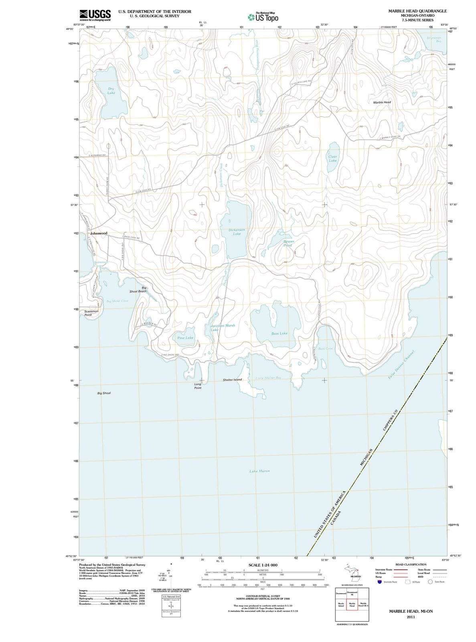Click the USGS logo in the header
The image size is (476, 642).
click(95, 15)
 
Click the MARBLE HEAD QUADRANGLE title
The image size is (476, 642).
click(417, 11)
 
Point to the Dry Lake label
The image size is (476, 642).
click(111, 91)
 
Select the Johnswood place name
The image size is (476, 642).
click(99, 233)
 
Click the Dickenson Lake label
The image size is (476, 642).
click(237, 232)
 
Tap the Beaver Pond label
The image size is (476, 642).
click(288, 243)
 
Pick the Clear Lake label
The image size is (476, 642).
click(333, 158)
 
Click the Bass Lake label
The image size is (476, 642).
click(279, 333)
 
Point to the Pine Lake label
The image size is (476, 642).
click(185, 338)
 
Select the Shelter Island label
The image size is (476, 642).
click(232, 380)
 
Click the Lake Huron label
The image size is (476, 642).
click(259, 471)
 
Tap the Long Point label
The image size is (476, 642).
click(198, 386)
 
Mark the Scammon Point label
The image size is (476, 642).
click(91, 313)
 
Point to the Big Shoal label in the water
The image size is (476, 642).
click(104, 393)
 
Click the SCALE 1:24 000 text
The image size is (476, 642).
click(263, 565)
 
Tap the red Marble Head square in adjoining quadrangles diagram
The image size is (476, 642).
click(352, 605)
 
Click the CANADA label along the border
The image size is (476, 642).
click(338, 519)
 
